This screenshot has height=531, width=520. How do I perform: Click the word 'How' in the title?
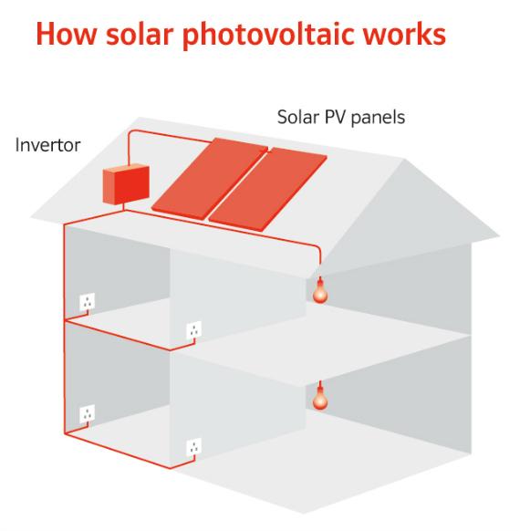67,34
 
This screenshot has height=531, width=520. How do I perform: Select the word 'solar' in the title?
140,34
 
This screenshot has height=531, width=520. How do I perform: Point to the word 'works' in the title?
404,34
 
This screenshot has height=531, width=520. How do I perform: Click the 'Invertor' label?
47,145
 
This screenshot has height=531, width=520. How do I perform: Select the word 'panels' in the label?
378,118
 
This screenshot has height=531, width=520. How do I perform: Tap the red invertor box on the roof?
126,184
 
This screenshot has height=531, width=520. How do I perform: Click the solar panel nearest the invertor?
210,178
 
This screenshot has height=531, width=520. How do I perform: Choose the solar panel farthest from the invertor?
267,189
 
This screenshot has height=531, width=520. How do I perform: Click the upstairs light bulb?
320,292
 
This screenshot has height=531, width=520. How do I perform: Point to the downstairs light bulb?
320,399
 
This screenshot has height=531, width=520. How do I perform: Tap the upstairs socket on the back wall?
87,302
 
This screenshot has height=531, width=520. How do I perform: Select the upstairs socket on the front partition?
193,330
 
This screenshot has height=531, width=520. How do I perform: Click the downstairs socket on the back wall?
87,413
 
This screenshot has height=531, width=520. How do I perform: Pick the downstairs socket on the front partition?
193,447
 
